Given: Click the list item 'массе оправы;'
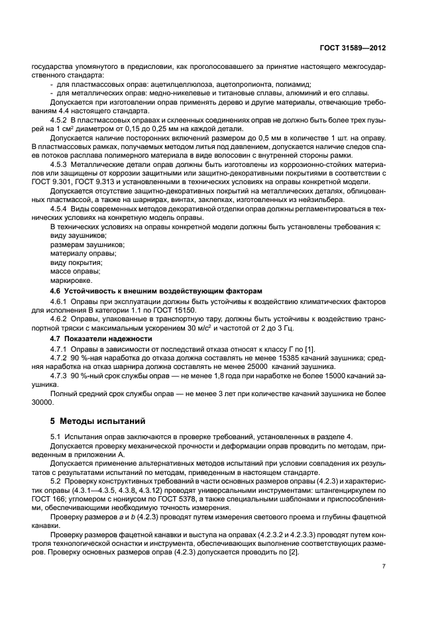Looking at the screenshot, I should click(x=73, y=271).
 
